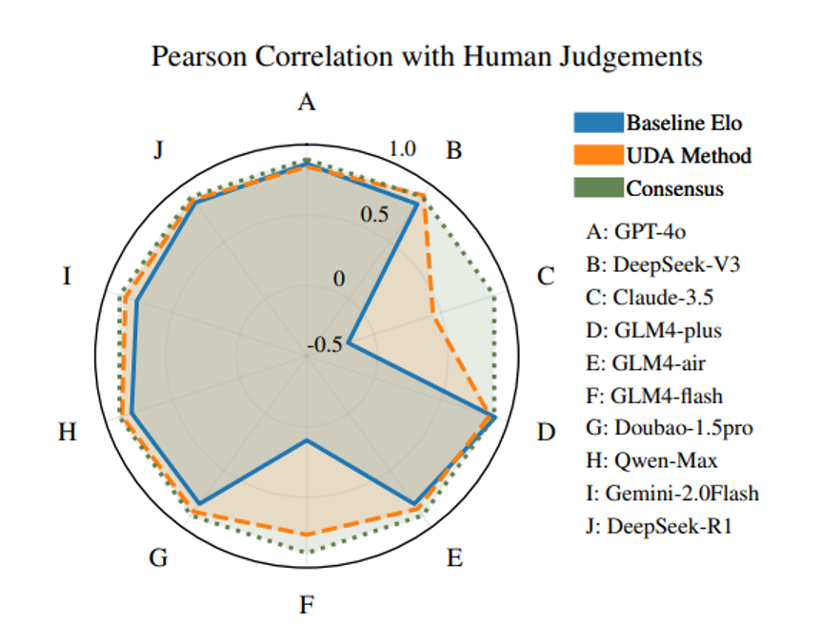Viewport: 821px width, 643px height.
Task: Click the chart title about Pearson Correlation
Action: (x=427, y=56)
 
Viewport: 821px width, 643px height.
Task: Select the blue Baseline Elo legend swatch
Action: (x=597, y=123)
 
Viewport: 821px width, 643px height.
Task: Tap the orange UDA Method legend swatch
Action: (x=597, y=155)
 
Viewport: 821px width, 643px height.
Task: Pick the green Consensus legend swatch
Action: (x=597, y=187)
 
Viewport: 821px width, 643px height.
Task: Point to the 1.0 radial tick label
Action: (x=403, y=149)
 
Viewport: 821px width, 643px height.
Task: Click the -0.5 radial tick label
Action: (x=324, y=346)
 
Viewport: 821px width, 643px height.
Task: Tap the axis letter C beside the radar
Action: (x=546, y=277)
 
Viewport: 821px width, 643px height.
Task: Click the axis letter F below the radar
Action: (x=306, y=604)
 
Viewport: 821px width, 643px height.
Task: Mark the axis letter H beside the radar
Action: (x=67, y=433)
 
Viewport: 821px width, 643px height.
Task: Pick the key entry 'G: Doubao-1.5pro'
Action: (x=670, y=428)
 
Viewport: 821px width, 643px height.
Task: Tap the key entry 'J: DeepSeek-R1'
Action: (x=663, y=526)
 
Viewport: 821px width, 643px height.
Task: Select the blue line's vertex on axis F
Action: (x=307, y=441)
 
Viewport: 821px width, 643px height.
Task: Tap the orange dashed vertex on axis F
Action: (x=307, y=535)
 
